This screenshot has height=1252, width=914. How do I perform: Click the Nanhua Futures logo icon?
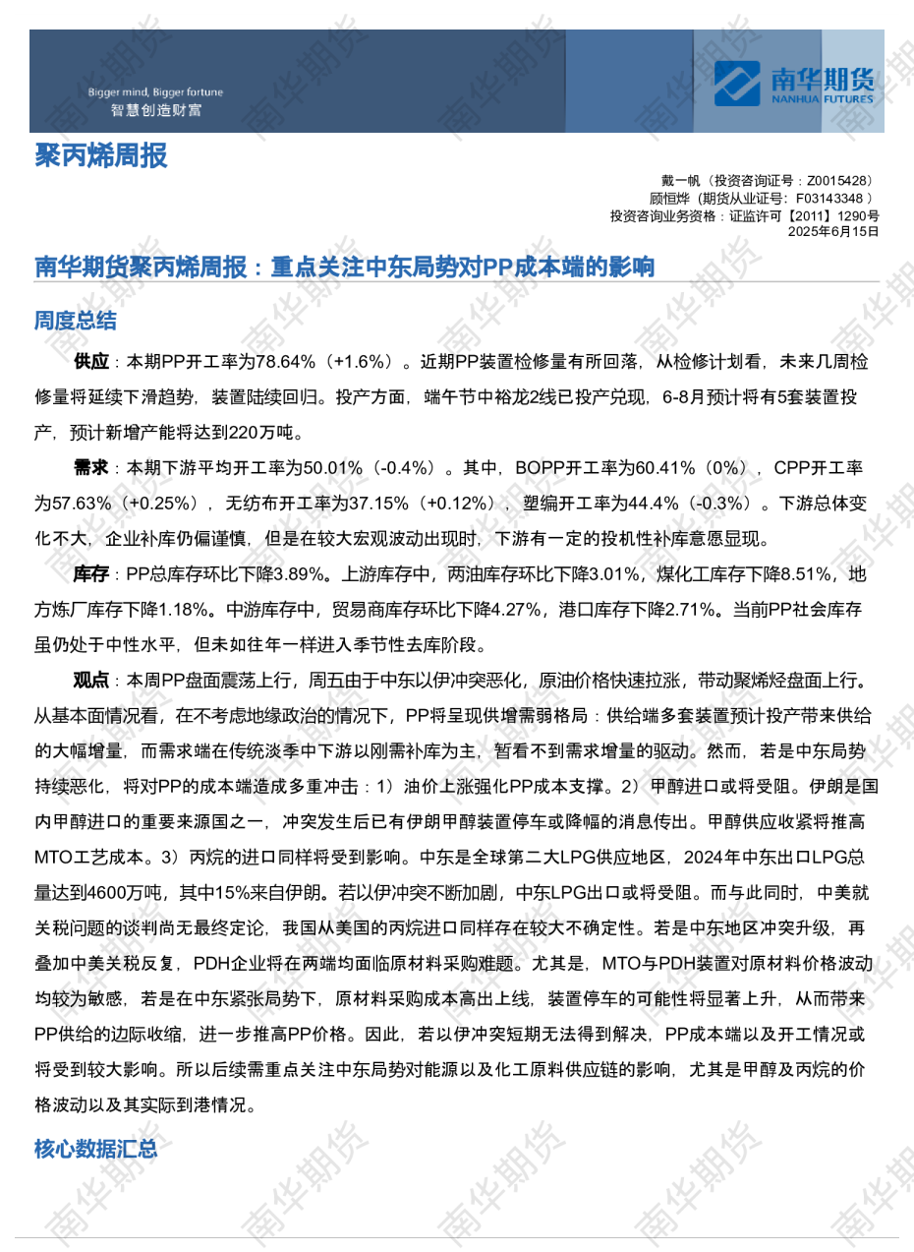click(x=737, y=83)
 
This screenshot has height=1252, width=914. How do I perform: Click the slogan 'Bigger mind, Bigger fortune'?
click(x=155, y=92)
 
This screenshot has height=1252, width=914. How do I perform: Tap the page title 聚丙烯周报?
click(x=100, y=155)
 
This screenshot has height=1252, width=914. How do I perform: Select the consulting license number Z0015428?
click(x=836, y=181)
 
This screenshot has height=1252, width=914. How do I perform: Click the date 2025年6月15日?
click(x=833, y=232)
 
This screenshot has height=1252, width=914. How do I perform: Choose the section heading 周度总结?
click(x=75, y=321)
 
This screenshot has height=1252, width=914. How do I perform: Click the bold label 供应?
click(x=91, y=362)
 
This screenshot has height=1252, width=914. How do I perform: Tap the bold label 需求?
click(x=91, y=467)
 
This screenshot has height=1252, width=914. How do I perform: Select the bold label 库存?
click(x=91, y=573)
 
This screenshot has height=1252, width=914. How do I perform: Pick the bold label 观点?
click(x=91, y=680)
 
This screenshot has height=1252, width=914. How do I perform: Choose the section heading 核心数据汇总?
click(x=95, y=1149)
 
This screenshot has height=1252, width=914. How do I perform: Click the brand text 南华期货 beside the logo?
click(x=822, y=79)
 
